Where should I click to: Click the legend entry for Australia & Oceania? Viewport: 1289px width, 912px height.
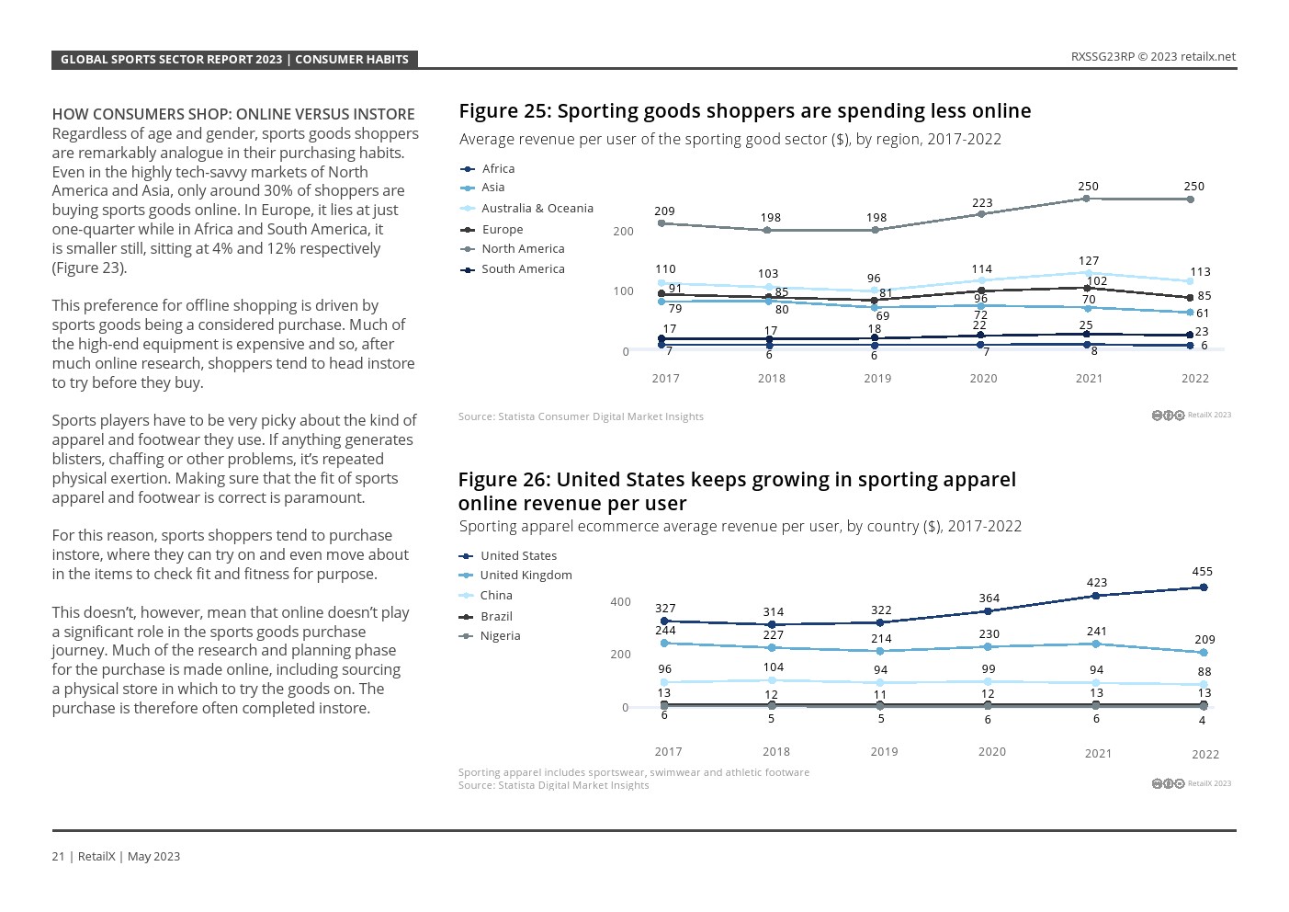point(537,209)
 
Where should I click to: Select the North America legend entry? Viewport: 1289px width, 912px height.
point(522,249)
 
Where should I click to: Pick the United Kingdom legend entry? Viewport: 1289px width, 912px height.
point(526,576)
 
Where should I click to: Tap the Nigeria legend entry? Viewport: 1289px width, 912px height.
point(500,636)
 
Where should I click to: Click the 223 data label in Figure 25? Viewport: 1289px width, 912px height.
point(982,203)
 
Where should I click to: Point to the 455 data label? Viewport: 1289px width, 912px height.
point(1202,572)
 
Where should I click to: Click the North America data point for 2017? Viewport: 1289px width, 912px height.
point(661,223)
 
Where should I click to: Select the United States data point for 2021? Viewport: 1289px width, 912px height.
point(1095,596)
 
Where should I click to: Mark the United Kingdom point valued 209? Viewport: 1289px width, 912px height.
point(1204,653)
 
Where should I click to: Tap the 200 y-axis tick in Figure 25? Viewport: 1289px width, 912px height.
point(623,232)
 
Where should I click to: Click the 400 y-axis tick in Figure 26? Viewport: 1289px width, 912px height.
point(620,602)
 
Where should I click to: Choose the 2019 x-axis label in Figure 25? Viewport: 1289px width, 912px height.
point(877,379)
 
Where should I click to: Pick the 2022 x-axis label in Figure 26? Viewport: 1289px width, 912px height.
point(1205,755)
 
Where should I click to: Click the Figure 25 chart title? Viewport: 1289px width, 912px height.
point(744,111)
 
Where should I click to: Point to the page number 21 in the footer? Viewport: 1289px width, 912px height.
point(58,857)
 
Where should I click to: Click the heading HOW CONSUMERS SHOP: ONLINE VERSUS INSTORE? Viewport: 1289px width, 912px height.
point(233,115)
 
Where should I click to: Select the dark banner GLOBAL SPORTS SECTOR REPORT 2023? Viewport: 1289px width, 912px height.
point(234,60)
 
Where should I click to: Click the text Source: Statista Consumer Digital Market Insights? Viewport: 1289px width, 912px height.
point(581,416)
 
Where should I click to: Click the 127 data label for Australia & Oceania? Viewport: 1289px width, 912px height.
point(1089,261)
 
